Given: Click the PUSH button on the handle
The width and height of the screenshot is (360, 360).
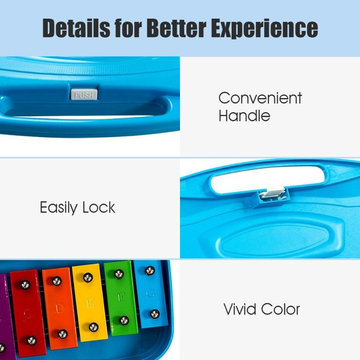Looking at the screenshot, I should [x=83, y=95].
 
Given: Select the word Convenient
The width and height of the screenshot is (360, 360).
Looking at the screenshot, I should [x=260, y=98].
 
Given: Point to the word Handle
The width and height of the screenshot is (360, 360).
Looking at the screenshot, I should [x=244, y=115].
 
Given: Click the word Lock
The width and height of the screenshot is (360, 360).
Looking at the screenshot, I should [x=99, y=207].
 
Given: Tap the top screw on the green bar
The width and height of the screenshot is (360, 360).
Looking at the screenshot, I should [x=119, y=274].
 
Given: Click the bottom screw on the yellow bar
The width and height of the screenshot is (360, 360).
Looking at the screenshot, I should [x=93, y=326].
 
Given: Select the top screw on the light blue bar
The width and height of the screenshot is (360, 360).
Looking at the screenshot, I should [x=150, y=271].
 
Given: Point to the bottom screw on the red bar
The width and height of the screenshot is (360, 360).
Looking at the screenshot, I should [x=31, y=340].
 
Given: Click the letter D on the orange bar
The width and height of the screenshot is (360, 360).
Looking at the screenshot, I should [x=59, y=308].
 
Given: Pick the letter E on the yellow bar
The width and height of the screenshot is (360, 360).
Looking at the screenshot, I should [x=90, y=304].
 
